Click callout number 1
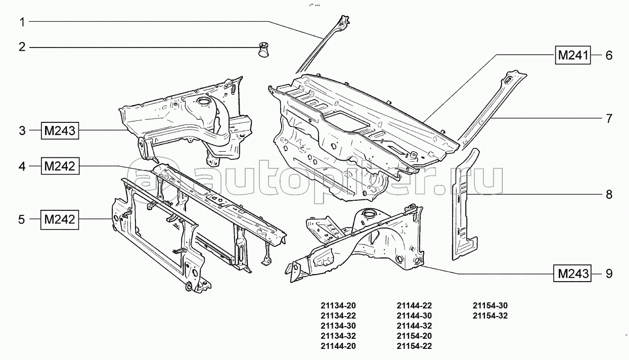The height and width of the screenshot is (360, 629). click(x=22, y=22)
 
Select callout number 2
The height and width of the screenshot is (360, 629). click(x=22, y=48)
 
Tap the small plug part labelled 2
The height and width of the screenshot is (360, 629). click(x=263, y=49)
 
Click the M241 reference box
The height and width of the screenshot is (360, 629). click(x=573, y=55)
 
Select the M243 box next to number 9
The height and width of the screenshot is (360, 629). click(x=573, y=274)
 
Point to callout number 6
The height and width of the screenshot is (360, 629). click(x=609, y=55)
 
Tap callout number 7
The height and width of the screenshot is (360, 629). click(x=609, y=119)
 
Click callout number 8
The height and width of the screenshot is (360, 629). click(x=609, y=194)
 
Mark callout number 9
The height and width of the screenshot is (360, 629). click(x=609, y=274)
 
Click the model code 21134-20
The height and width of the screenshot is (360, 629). click(x=338, y=306)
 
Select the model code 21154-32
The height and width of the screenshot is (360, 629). click(x=490, y=316)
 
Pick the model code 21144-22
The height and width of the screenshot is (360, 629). click(x=414, y=306)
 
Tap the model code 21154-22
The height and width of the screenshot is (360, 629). click(x=414, y=346)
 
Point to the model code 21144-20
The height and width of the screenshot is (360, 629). click(x=338, y=346)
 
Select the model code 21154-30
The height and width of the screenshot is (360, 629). click(x=490, y=306)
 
